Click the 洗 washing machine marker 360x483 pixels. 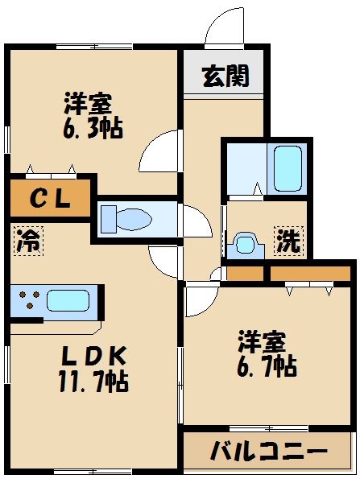288,241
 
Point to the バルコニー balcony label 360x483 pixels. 268,452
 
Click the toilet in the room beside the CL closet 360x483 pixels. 130,218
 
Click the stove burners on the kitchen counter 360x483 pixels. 31,302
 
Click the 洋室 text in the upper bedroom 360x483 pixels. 88,103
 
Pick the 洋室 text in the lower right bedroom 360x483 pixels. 261,341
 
